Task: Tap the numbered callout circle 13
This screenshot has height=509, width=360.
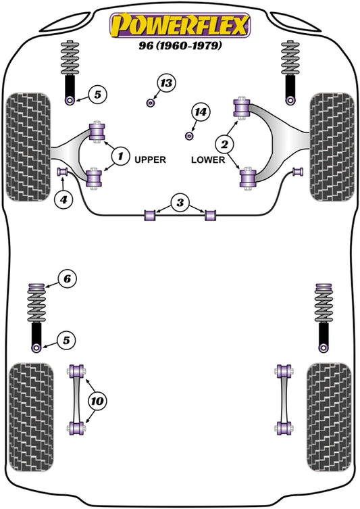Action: pyautogui.click(x=165, y=84)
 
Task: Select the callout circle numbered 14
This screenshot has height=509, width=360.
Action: pyautogui.click(x=201, y=112)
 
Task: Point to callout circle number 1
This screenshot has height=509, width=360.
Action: pyautogui.click(x=120, y=157)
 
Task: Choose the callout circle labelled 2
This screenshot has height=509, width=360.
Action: pyautogui.click(x=225, y=143)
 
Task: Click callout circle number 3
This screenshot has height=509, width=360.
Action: pyautogui.click(x=180, y=201)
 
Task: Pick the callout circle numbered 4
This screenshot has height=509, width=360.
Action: pyautogui.click(x=63, y=199)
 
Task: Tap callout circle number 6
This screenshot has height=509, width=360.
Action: pyautogui.click(x=67, y=278)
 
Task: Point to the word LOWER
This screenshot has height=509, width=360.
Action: pyautogui.click(x=205, y=160)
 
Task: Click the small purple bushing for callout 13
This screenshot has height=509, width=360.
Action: pyautogui.click(x=151, y=103)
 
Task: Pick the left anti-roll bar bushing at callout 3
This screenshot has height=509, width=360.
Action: pyautogui.click(x=150, y=215)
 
